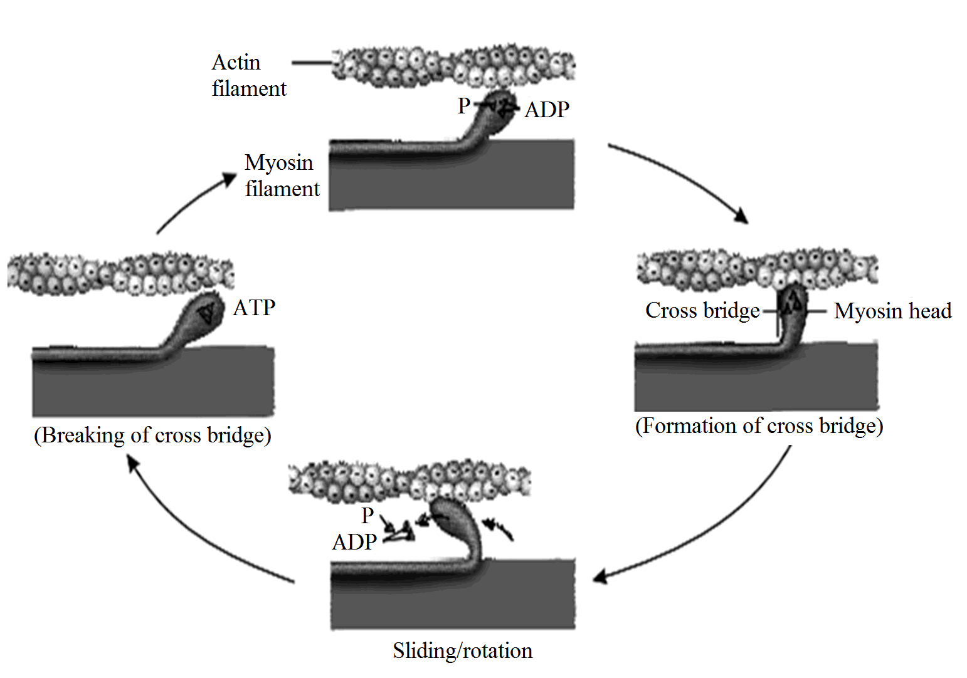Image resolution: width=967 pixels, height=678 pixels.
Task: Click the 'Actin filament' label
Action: pyautogui.click(x=248, y=75)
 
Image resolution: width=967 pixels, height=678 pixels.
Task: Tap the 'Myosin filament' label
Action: pyautogui.click(x=282, y=175)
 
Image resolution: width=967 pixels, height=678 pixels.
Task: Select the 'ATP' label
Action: pyautogui.click(x=254, y=308)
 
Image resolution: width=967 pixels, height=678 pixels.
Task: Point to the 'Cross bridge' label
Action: pyautogui.click(x=702, y=310)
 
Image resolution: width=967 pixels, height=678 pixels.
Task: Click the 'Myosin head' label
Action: pyautogui.click(x=892, y=311)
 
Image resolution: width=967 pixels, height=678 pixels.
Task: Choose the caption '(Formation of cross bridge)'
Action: pyautogui.click(x=759, y=426)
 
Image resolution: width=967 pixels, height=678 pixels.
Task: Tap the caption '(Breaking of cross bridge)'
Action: pyautogui.click(x=152, y=435)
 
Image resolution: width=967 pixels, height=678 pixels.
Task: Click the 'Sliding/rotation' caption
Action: pyautogui.click(x=462, y=650)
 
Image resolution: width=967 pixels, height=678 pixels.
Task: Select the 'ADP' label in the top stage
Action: pyautogui.click(x=547, y=110)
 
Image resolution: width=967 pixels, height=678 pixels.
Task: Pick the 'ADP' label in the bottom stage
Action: pyautogui.click(x=354, y=542)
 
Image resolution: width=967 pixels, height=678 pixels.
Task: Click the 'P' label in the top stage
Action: pyautogui.click(x=463, y=106)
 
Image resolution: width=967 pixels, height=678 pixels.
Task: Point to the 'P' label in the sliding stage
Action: pyautogui.click(x=367, y=516)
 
